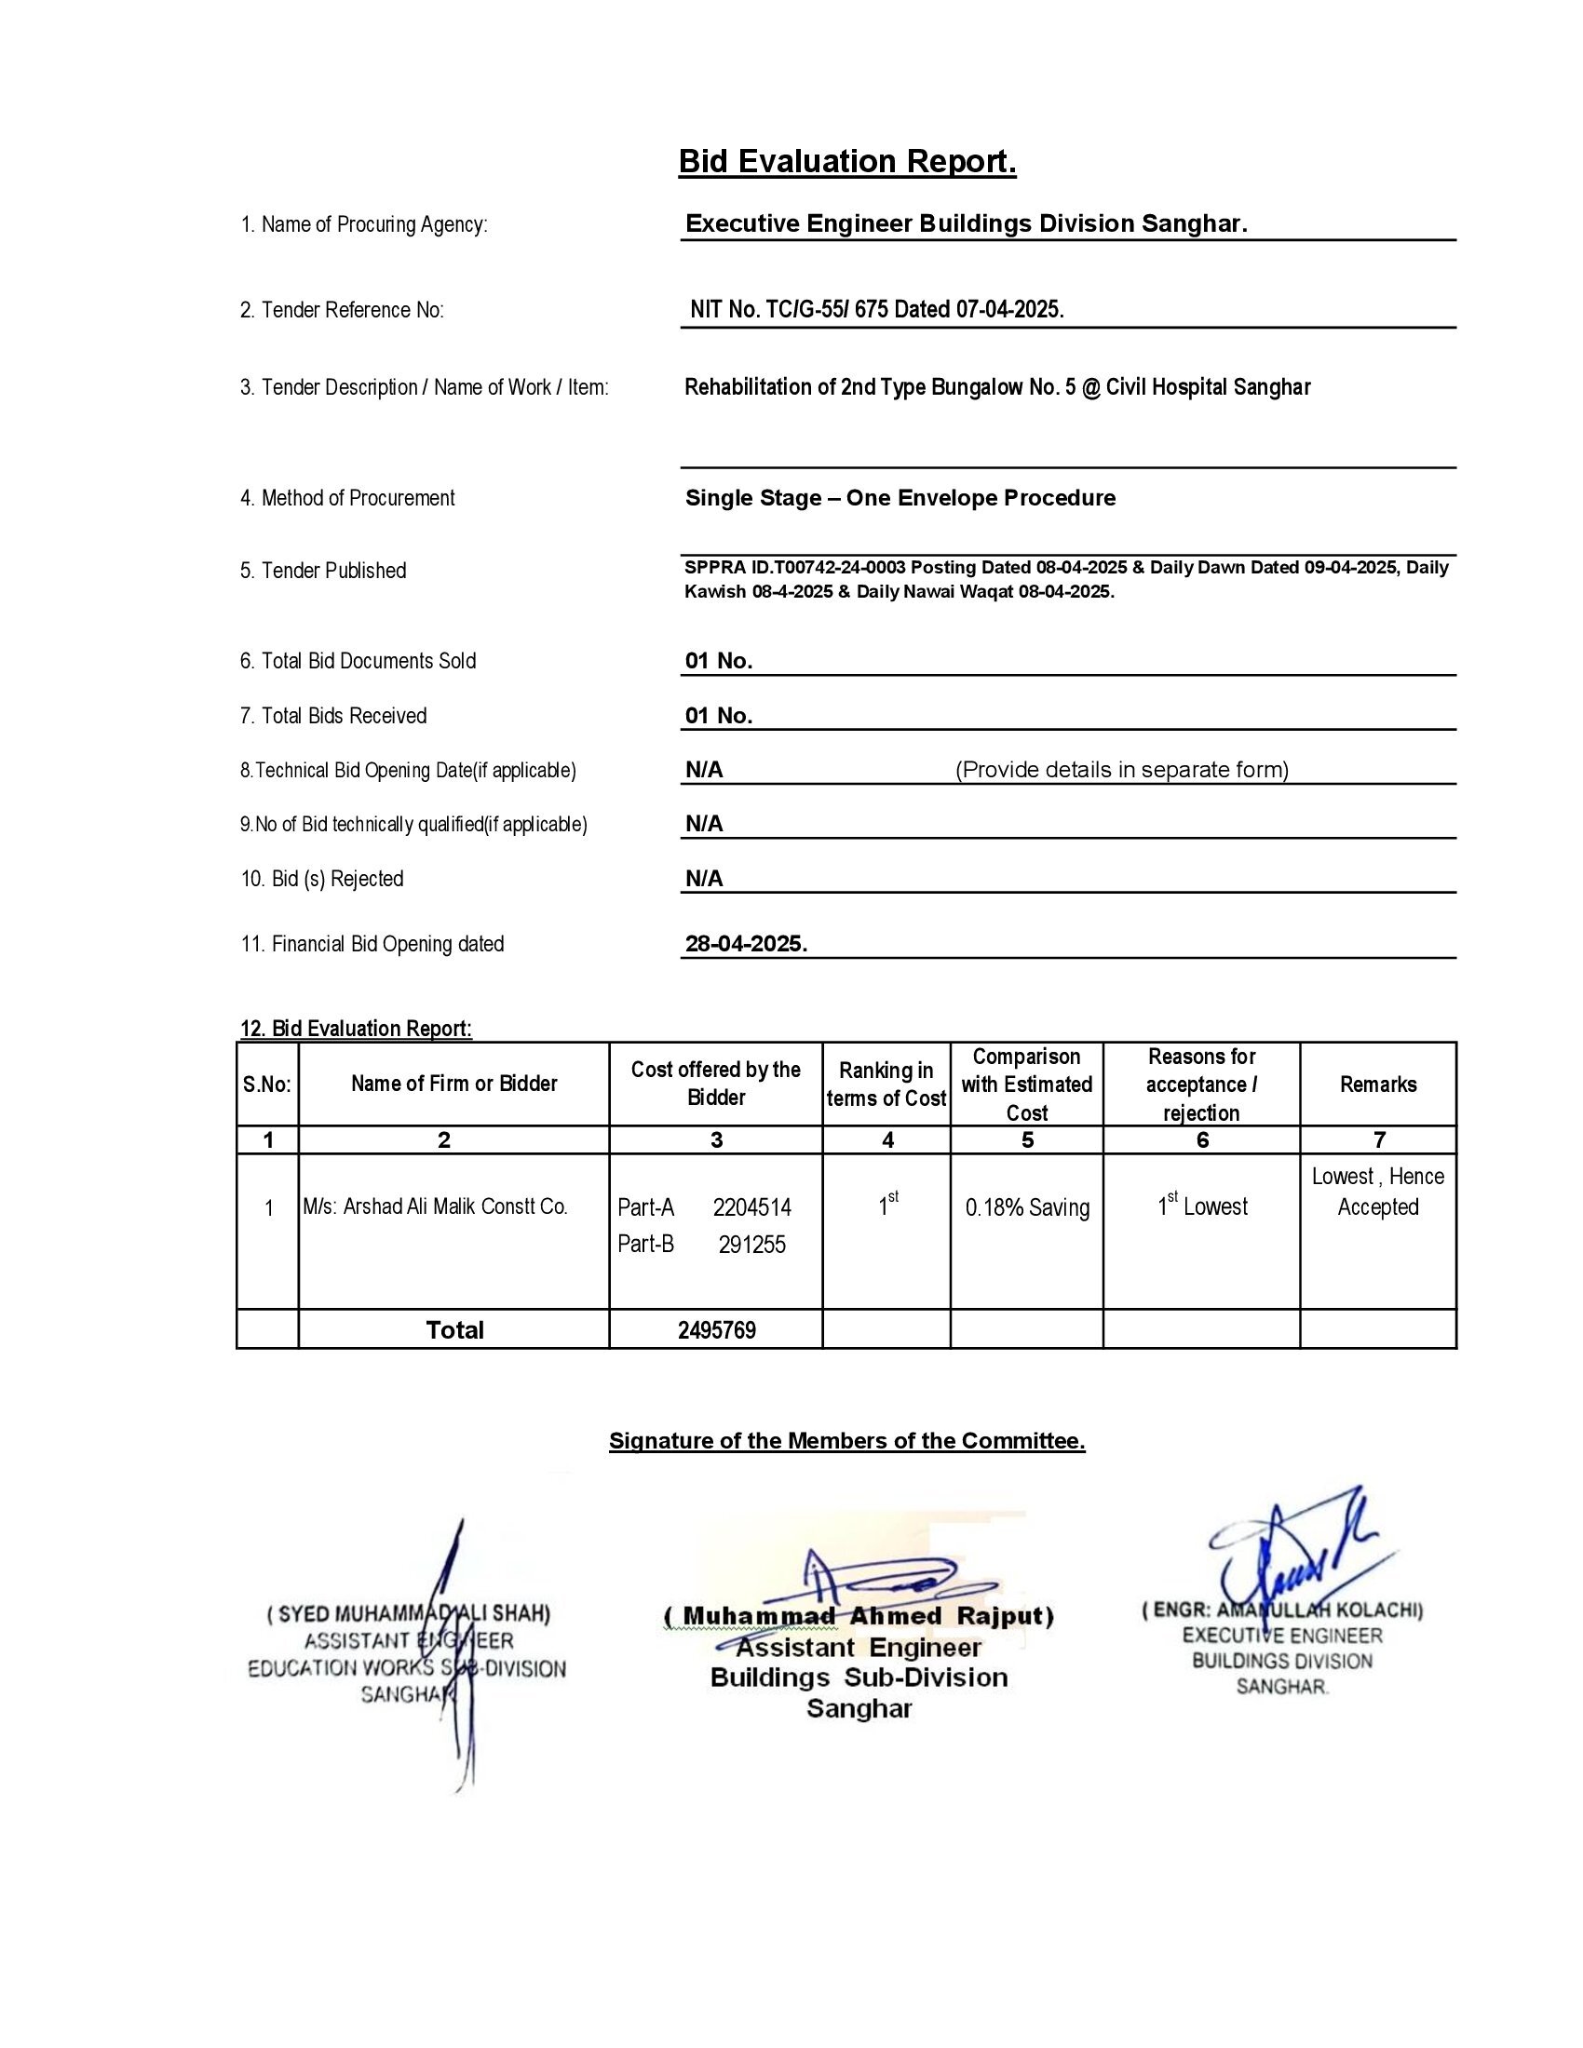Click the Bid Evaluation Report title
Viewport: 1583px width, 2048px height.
(846, 162)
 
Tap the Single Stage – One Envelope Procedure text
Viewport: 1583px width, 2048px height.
(900, 498)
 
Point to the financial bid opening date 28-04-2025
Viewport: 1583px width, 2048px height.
(746, 944)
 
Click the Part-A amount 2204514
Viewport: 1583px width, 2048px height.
(751, 1207)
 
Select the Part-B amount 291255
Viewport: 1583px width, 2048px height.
(752, 1246)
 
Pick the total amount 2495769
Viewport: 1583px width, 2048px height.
(716, 1330)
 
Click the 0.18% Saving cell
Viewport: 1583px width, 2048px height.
(1027, 1207)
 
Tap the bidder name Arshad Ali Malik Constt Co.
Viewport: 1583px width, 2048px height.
(435, 1206)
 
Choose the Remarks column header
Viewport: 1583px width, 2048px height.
(1377, 1085)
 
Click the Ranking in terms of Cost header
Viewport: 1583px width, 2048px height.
(886, 1085)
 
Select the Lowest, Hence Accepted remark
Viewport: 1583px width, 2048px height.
(1377, 1192)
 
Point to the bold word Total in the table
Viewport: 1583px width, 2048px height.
(454, 1330)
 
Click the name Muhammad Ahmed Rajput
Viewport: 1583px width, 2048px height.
(859, 1617)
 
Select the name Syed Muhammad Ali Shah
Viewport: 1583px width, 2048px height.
(409, 1614)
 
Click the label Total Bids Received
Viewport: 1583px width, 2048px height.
(333, 717)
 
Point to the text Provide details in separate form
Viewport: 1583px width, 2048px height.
(1122, 770)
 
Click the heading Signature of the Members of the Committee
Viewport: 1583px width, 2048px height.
(846, 1441)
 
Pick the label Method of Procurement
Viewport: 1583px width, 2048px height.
(347, 498)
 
